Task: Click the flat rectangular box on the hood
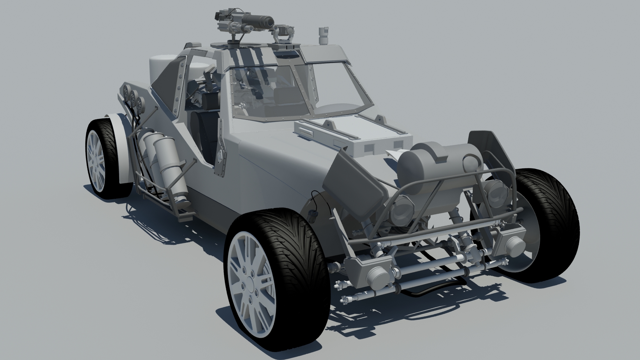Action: tap(353, 135)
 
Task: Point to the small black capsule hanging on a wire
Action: tap(313, 217)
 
